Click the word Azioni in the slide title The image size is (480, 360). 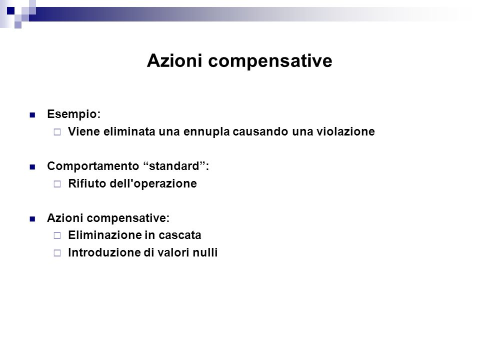pyautogui.click(x=174, y=60)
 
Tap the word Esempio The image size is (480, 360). pyautogui.click(x=74, y=114)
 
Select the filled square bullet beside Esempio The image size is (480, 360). pyautogui.click(x=32, y=115)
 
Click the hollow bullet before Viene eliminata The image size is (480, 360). pyautogui.click(x=57, y=132)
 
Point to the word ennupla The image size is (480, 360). pyautogui.click(x=206, y=132)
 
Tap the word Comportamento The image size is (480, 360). pyautogui.click(x=93, y=166)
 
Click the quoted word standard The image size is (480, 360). pyautogui.click(x=174, y=166)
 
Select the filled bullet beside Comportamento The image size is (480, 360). pyautogui.click(x=32, y=167)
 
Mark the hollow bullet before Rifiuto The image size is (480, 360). pyautogui.click(x=57, y=184)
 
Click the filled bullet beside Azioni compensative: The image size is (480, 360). pyautogui.click(x=32, y=219)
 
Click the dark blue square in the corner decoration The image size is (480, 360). pyautogui.click(x=10, y=11)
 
